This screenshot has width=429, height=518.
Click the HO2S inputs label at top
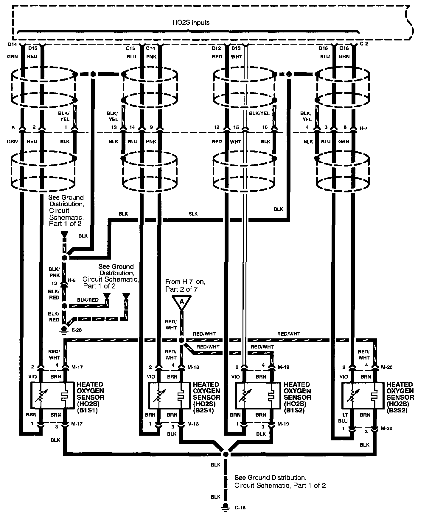coord(191,23)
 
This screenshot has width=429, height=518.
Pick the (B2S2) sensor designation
coord(397,410)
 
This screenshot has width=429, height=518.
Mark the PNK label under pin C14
coord(151,56)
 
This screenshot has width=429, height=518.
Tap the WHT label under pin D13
coord(236,56)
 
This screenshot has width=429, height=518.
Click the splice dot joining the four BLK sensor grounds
coord(226,454)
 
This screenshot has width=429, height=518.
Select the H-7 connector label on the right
coord(363,128)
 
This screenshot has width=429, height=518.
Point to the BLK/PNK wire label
coord(55,272)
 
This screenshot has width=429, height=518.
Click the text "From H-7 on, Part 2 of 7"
coord(185,285)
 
